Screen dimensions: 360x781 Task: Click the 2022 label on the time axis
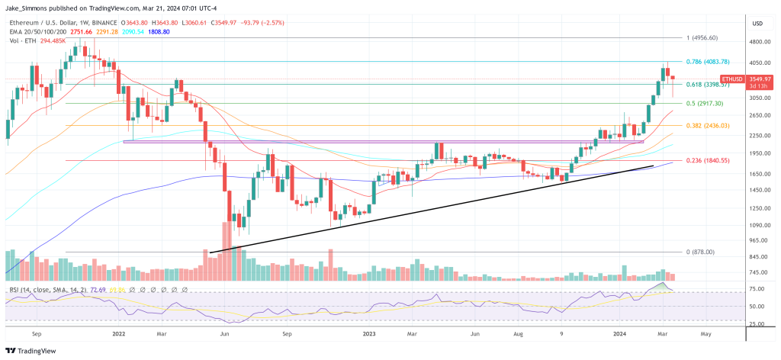(x=118, y=333)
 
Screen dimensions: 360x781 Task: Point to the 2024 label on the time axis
(x=621, y=333)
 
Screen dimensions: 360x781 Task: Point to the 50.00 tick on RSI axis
(x=758, y=307)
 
